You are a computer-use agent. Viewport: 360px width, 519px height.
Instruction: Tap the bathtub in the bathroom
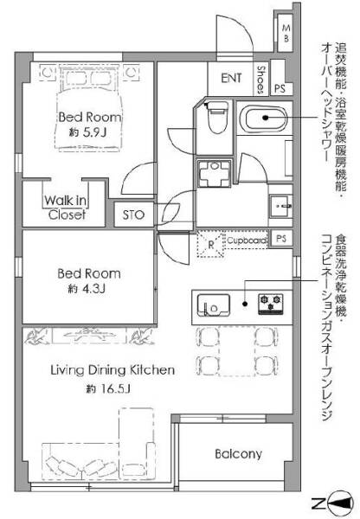pyautogui.click(x=265, y=119)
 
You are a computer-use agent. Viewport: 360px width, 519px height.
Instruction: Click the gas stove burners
pyautogui.click(x=271, y=304)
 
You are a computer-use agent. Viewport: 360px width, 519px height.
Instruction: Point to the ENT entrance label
pyautogui.click(x=231, y=78)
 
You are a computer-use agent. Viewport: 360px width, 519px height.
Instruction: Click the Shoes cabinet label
pyautogui.click(x=261, y=80)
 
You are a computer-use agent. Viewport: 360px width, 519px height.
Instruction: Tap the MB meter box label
pyautogui.click(x=286, y=34)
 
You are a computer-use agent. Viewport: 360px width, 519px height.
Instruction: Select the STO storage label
pyautogui.click(x=133, y=215)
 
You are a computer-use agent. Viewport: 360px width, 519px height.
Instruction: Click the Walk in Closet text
pyautogui.click(x=66, y=208)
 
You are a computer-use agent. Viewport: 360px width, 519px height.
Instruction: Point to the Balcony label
pyautogui.click(x=239, y=453)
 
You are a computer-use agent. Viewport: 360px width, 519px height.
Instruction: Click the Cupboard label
pyautogui.click(x=247, y=240)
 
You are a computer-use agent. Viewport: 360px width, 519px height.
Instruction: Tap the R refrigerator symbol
pyautogui.click(x=211, y=244)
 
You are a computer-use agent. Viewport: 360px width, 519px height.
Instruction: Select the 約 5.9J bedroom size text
pyautogui.click(x=87, y=132)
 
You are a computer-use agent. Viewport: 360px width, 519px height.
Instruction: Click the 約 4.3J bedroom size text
pyautogui.click(x=87, y=289)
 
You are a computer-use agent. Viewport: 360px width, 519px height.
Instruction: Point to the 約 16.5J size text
pyautogui.click(x=108, y=388)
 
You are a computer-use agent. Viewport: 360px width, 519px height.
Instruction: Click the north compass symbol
pyautogui.click(x=339, y=503)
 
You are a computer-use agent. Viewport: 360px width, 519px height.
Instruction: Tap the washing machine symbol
pyautogui.click(x=215, y=173)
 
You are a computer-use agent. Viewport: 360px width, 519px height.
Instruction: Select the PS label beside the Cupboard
pyautogui.click(x=281, y=239)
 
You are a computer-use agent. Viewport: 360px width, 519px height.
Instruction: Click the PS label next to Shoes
pyautogui.click(x=280, y=88)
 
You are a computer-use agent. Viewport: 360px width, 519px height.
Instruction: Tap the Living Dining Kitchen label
pyautogui.click(x=112, y=370)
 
